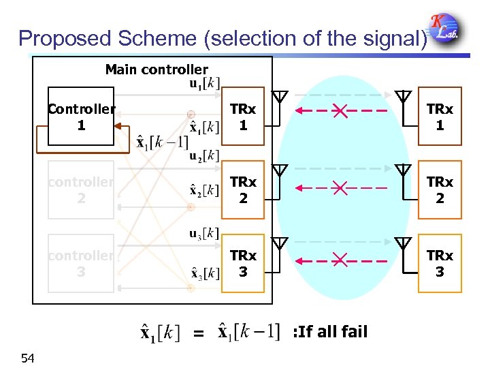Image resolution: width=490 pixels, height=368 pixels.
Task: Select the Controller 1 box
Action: (81, 117)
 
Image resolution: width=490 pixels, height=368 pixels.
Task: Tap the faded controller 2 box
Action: (81, 190)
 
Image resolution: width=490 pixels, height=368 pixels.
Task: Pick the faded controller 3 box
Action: (81, 263)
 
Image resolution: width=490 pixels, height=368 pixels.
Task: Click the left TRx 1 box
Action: (243, 117)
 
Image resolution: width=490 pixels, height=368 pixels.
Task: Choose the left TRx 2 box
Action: (243, 190)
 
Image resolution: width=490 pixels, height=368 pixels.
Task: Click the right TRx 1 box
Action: (440, 117)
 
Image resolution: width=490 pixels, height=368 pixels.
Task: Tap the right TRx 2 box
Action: (440, 190)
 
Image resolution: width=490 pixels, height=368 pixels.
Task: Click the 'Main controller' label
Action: (157, 70)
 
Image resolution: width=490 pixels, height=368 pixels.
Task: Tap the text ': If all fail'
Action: (329, 332)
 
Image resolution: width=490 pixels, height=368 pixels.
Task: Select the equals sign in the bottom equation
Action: (198, 334)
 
